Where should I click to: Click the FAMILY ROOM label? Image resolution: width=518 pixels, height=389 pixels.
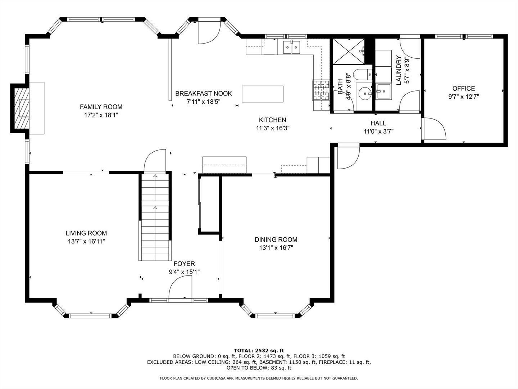pos(101,107)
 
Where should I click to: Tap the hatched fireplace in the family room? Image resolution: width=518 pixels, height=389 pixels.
pos(22,108)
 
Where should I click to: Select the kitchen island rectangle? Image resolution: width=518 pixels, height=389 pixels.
pos(263,94)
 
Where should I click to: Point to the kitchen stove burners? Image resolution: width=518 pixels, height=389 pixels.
pos(321,90)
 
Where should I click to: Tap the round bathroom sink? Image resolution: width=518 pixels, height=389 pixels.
pos(365,94)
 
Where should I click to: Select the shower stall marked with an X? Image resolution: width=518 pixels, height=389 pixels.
pos(349,52)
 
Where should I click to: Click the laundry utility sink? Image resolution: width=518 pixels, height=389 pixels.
pos(383,91)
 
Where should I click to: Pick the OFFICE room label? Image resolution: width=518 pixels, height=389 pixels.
pos(463,89)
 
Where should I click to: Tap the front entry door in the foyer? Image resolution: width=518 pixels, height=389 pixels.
pos(181,288)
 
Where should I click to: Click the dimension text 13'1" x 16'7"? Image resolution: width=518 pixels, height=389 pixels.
pos(276,248)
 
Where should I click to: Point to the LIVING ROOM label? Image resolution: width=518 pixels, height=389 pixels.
pos(86,233)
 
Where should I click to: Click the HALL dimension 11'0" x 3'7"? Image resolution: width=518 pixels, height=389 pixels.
pos(378,131)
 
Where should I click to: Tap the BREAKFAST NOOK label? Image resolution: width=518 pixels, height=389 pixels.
pos(204,94)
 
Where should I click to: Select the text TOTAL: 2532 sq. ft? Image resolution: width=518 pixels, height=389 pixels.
pos(259,350)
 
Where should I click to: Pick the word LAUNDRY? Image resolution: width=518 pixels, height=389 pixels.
pos(399,70)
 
